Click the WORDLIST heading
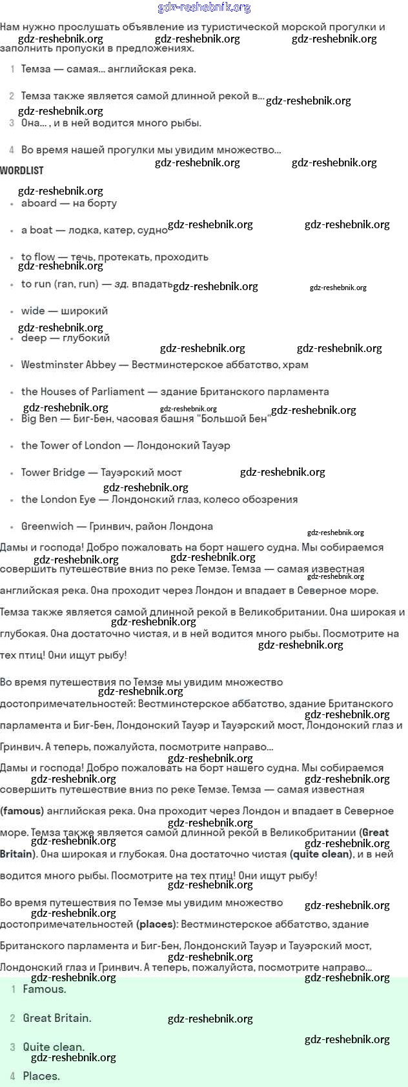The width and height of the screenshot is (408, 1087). [22, 171]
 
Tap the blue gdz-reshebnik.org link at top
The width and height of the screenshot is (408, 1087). [204, 8]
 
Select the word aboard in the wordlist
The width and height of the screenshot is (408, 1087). [39, 203]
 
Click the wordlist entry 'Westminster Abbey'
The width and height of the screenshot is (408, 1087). [68, 365]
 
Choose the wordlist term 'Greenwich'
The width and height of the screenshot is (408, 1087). [47, 526]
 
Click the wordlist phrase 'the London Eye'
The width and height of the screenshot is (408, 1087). [58, 499]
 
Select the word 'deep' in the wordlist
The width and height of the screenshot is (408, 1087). [34, 338]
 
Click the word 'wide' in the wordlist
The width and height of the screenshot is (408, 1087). [33, 311]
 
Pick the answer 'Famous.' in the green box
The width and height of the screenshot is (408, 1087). [44, 989]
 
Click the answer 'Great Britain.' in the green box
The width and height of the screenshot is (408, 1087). [57, 1018]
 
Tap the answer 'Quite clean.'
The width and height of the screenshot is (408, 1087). [54, 1047]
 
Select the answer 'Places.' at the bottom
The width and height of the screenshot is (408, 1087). [41, 1076]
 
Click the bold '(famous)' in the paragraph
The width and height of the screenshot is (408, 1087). [22, 811]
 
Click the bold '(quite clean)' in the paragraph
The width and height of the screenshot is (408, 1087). [323, 854]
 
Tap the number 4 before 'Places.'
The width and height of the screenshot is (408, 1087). [12, 1076]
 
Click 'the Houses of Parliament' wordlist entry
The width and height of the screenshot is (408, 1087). [83, 391]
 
